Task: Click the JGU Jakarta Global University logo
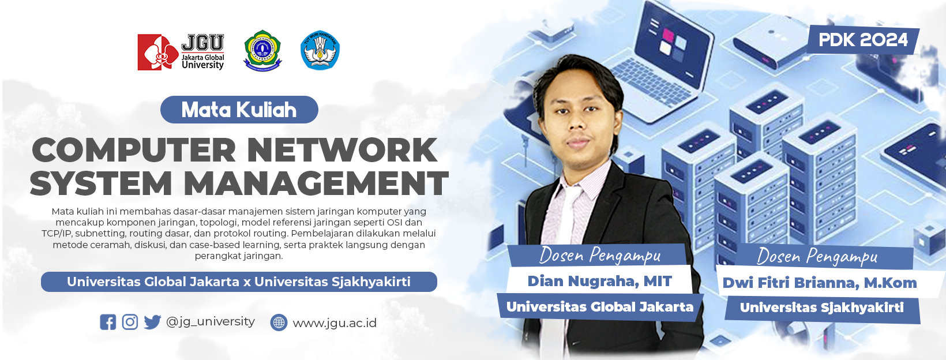(181, 52)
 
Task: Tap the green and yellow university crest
(262, 50)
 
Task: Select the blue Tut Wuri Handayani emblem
(320, 50)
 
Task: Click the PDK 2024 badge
(863, 40)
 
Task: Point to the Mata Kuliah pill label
(239, 110)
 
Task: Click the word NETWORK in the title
(342, 150)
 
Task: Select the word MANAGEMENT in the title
(316, 183)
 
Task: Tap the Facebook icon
(108, 322)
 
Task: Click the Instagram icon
(130, 322)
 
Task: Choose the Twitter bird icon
(152, 322)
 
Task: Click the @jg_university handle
(211, 322)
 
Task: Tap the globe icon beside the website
(279, 322)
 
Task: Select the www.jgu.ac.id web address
(335, 323)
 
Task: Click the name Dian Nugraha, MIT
(600, 281)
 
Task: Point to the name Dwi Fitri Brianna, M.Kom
(820, 283)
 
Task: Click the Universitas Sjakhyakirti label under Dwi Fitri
(822, 307)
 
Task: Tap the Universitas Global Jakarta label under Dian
(600, 307)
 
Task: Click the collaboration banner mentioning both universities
(239, 282)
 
